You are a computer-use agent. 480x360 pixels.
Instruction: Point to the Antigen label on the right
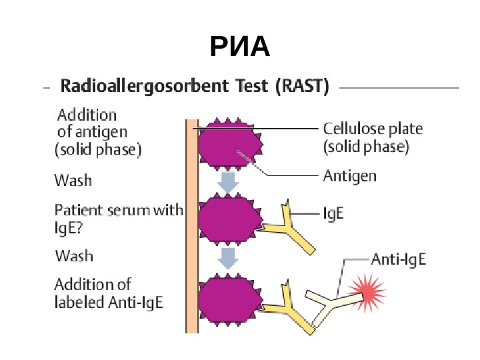349,177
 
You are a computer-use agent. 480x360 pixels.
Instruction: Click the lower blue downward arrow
229,258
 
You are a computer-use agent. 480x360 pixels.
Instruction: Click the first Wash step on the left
73,180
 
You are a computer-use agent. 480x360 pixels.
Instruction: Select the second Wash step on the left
73,256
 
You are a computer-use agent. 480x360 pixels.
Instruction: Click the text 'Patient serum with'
118,210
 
